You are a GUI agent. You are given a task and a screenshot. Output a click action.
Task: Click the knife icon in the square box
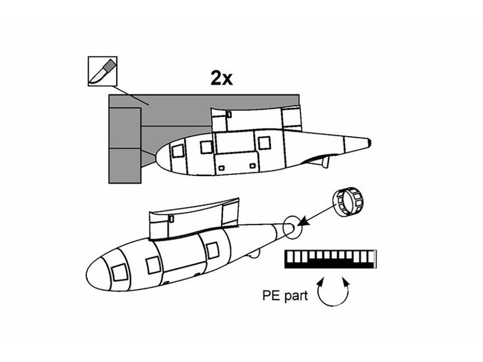(x=102, y=71)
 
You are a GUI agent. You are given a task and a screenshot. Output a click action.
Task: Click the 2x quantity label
(x=222, y=78)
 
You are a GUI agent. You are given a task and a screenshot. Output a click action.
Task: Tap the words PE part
(x=285, y=295)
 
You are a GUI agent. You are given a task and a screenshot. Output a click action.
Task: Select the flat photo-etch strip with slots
(x=330, y=259)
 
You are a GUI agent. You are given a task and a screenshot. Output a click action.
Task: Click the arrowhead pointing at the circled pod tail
(x=303, y=222)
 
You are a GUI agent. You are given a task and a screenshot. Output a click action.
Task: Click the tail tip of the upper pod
(x=369, y=142)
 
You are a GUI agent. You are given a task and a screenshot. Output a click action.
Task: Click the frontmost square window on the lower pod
(x=119, y=272)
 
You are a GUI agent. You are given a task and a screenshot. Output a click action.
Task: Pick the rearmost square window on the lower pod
(x=213, y=250)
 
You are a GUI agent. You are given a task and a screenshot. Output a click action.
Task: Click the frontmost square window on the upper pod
(x=178, y=151)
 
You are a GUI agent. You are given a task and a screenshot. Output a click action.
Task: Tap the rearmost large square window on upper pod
(x=264, y=143)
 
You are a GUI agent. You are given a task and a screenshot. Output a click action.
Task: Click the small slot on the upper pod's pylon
(x=229, y=114)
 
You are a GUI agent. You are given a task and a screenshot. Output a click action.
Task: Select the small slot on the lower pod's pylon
(x=171, y=219)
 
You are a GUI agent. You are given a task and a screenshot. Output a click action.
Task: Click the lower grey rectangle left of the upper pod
(x=125, y=166)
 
